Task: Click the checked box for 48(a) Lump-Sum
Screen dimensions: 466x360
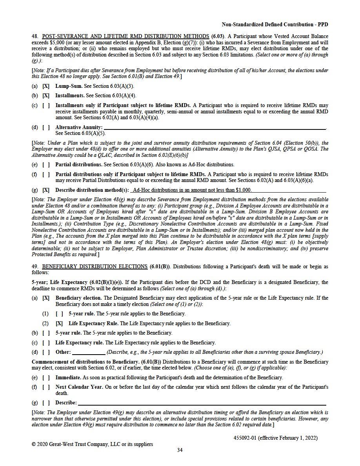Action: [46, 86]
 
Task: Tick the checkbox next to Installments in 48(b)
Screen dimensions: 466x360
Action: [46, 95]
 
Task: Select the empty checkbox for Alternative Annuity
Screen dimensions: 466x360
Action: [46, 127]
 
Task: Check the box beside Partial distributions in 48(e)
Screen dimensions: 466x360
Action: [46, 165]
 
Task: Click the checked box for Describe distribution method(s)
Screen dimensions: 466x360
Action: [46, 190]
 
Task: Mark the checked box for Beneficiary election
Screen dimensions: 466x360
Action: [46, 298]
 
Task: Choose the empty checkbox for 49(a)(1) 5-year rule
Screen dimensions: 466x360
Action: [59, 314]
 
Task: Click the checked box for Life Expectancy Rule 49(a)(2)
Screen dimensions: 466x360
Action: [59, 324]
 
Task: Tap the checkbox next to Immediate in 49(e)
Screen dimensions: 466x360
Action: [46, 378]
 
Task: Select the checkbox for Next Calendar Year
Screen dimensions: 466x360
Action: [46, 387]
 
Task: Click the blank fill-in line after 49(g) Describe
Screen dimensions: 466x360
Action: [202, 403]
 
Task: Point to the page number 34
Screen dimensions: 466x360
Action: [180, 450]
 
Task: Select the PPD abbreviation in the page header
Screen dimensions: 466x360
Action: [322, 24]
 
